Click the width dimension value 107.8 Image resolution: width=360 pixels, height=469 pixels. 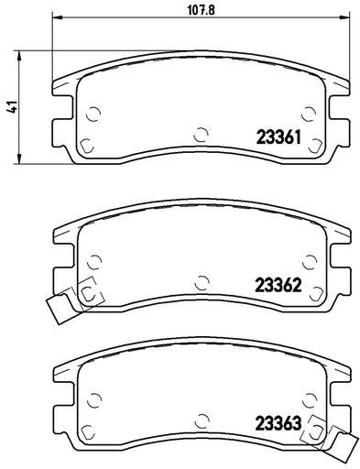click(201, 10)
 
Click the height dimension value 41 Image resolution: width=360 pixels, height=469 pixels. click(12, 107)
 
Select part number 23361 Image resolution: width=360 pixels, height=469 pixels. click(278, 137)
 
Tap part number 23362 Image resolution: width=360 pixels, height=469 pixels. click(278, 286)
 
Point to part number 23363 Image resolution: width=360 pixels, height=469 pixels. click(278, 423)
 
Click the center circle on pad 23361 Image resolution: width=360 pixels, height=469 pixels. click(201, 134)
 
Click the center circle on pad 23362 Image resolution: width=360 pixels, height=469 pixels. click(202, 282)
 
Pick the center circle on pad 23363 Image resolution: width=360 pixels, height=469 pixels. click(202, 420)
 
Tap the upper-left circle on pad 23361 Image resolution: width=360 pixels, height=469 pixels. click(93, 115)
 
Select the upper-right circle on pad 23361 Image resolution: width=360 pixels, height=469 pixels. click(309, 115)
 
